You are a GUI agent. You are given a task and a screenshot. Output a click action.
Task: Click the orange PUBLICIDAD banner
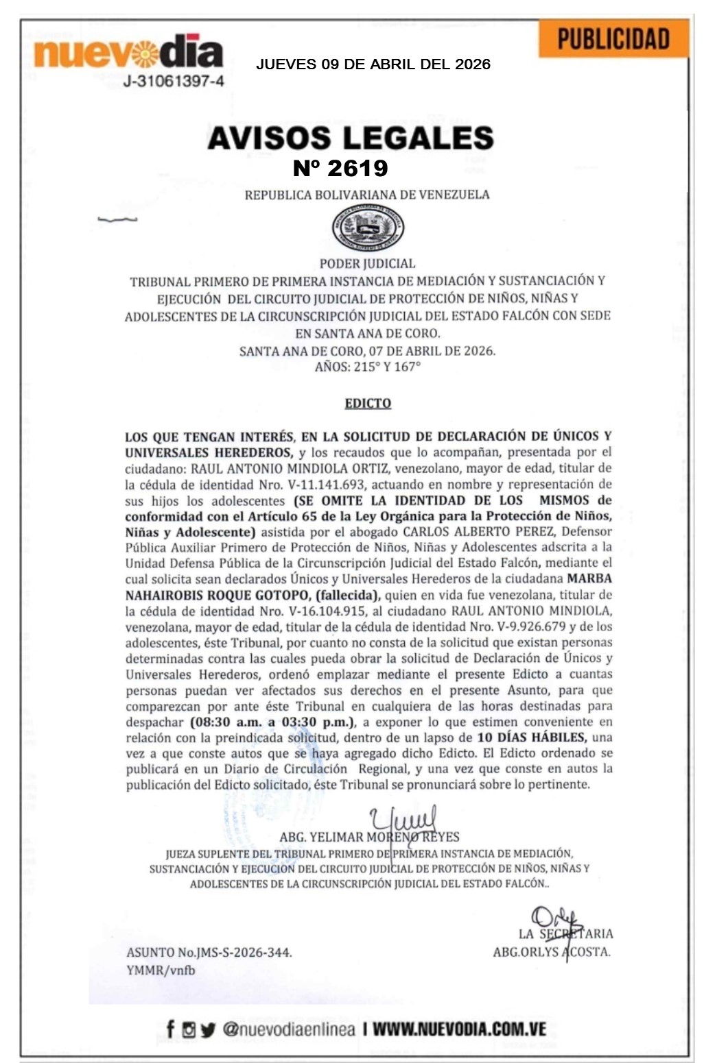coord(613,38)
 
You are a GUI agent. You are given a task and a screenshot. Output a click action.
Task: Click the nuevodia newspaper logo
coord(128,51)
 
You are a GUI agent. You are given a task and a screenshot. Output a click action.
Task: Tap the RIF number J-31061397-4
coord(173,82)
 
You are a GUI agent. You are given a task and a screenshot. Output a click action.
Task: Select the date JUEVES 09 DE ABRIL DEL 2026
coord(373,64)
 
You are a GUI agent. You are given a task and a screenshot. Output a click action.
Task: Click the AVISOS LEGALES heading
coord(351,138)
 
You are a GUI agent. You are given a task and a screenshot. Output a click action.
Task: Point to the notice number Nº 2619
coord(340,168)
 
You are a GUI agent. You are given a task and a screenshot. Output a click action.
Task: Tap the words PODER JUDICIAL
coord(368,263)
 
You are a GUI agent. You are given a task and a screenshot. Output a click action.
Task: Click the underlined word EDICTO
coord(368,403)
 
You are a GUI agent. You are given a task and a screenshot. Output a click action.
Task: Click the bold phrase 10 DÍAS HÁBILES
coord(532,737)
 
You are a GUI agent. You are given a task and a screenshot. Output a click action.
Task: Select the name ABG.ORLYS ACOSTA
coord(551,952)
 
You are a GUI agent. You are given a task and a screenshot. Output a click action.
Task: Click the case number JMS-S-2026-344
coord(244,952)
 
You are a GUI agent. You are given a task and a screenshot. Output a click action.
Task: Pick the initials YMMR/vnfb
coord(161,970)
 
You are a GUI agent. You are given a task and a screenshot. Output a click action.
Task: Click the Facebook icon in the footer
coord(170,1029)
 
